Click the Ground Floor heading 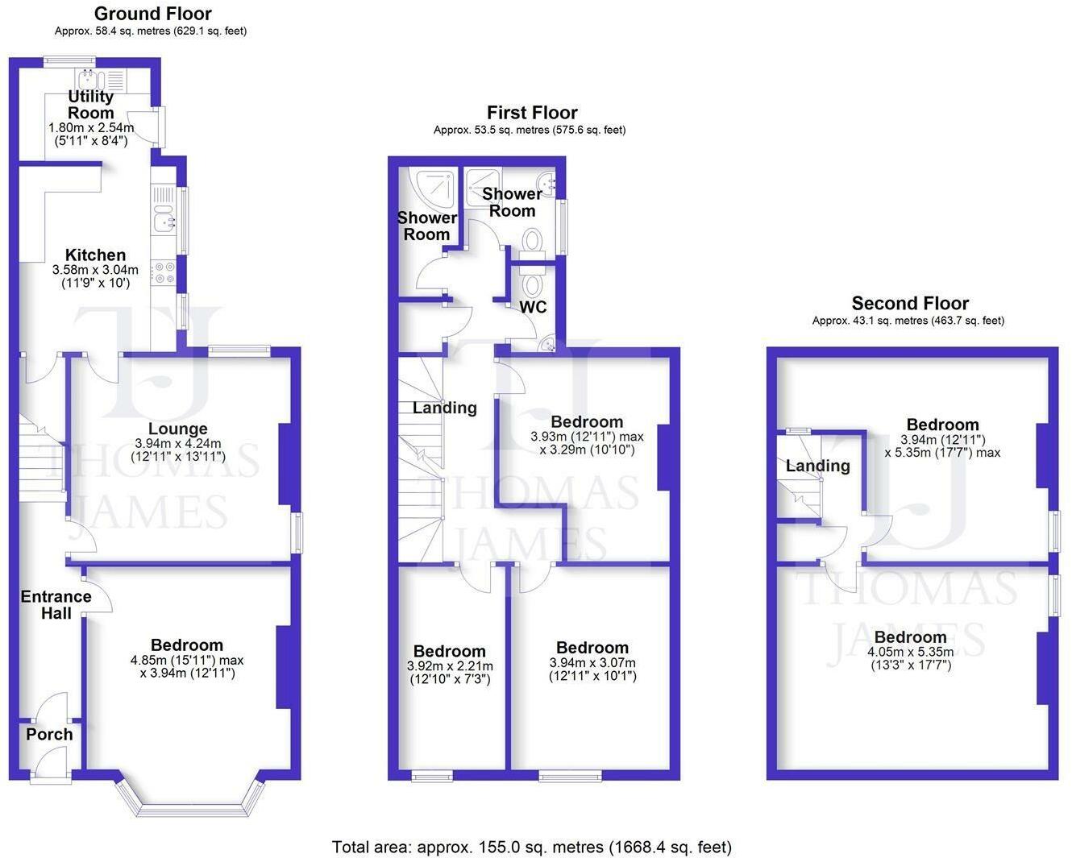(x=153, y=14)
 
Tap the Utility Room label (x=90, y=104)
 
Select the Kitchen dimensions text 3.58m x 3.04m (x=95, y=270)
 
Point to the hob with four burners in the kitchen (x=164, y=272)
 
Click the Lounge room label (x=178, y=429)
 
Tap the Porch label (x=49, y=734)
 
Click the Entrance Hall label (x=56, y=604)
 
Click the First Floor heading (x=532, y=113)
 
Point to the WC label (x=533, y=307)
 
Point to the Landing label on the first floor (x=445, y=408)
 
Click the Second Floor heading (x=910, y=303)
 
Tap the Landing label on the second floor (x=818, y=466)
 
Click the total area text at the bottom (x=531, y=847)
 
